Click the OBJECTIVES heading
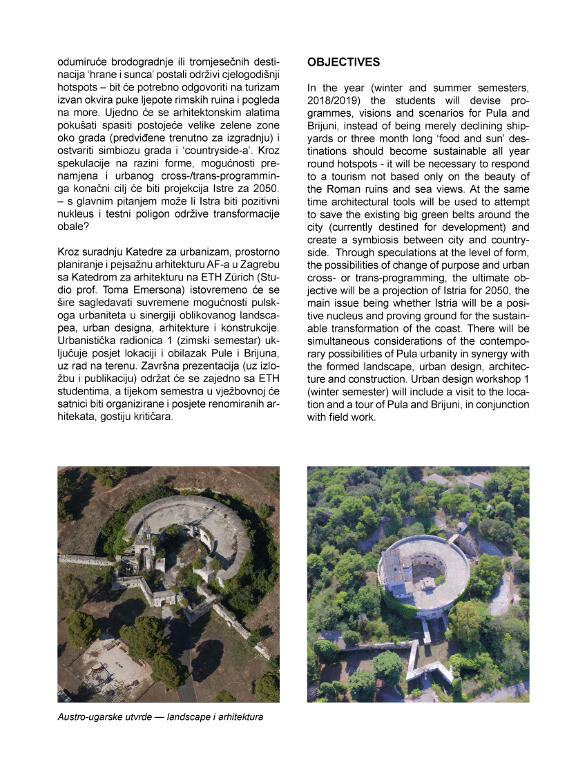coord(343,62)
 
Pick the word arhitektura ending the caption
coord(239,717)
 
